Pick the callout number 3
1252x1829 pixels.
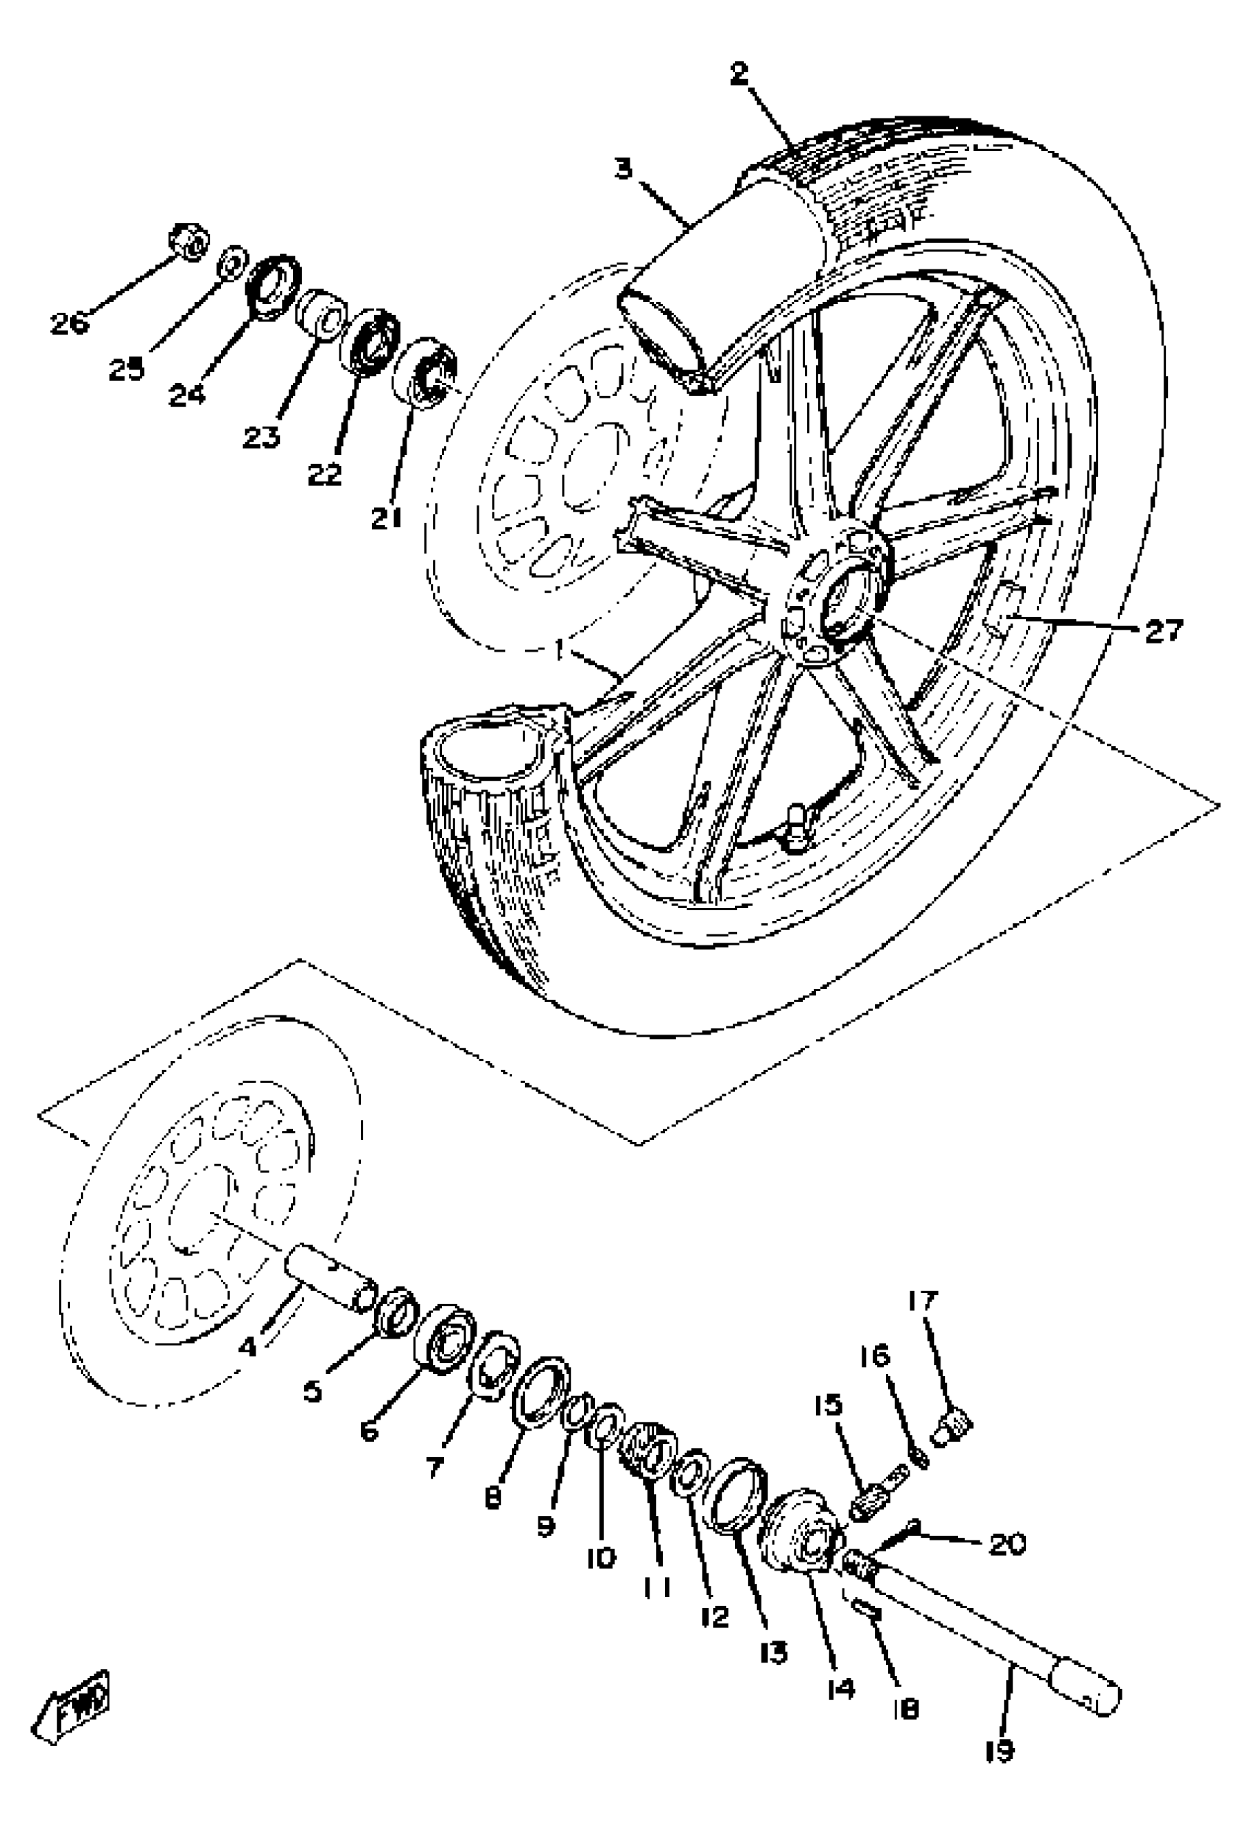pos(624,168)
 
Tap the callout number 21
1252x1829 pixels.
pos(387,518)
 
